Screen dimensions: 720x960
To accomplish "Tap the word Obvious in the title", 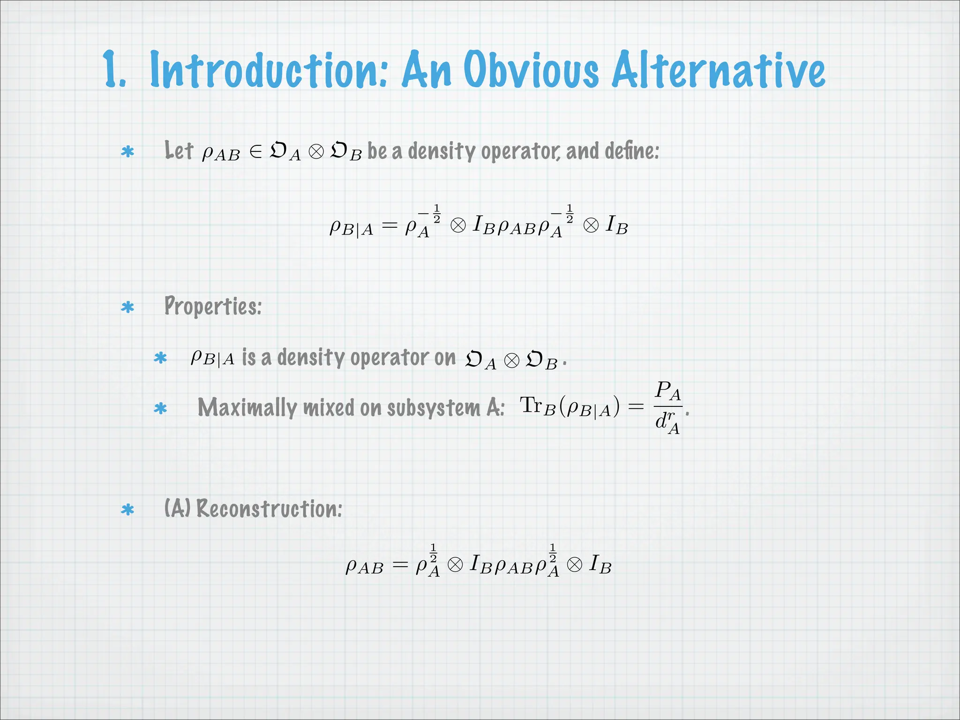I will point(532,70).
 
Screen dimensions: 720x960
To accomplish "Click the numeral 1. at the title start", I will point(114,70).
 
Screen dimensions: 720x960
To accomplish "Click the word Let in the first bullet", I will point(179,151).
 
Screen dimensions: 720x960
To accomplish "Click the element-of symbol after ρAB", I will point(256,152).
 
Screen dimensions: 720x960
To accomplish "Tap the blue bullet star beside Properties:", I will point(127,307).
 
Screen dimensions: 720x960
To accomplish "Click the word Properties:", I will point(213,306).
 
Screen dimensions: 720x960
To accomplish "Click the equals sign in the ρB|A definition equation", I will point(389,226).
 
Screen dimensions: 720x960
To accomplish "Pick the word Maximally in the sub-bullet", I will point(247,407).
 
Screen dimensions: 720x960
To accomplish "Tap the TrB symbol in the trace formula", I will point(537,406).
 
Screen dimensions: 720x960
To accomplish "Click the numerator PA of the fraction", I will point(668,390).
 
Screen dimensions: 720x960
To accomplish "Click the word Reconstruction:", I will point(269,509).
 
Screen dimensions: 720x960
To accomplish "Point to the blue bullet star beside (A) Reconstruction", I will point(127,510).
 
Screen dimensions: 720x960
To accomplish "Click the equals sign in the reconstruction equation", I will point(400,565).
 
